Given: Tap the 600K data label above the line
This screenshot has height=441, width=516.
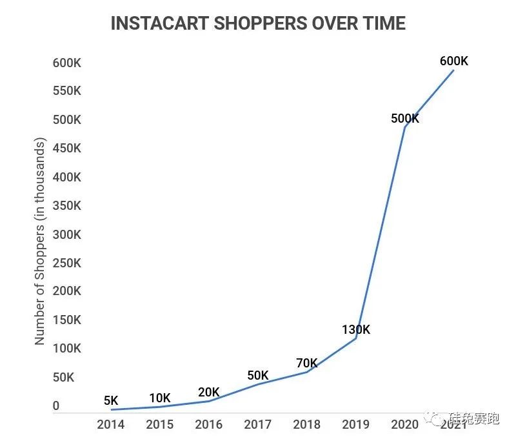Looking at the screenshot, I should pos(453,61).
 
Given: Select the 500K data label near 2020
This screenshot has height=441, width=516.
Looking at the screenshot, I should pos(405,119).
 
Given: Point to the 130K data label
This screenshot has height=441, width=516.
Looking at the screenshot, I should pos(356,330).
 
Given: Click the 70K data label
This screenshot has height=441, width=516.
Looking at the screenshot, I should pos(307,363).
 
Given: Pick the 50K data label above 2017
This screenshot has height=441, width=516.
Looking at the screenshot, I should pos(257,376).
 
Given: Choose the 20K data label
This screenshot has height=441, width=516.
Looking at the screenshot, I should pos(208,392).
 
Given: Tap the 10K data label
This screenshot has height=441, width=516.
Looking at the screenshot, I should pos(159,398).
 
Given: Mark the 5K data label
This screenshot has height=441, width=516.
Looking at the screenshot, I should pos(111,401).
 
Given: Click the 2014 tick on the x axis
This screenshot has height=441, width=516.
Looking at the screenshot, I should pos(110,424).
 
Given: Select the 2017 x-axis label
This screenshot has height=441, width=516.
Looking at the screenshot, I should pos(257,424).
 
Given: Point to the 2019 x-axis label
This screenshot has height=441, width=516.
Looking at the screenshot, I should pos(356,424).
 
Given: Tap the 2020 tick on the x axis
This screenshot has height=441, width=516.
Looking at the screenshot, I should pos(405,424).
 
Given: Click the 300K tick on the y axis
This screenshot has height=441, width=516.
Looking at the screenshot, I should pos(67,234).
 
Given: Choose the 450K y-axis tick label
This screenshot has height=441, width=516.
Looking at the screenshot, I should pos(67,148).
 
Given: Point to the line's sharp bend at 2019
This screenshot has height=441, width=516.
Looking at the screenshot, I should pos(356,338).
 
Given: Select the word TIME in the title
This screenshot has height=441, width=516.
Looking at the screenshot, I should pos(381,23).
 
